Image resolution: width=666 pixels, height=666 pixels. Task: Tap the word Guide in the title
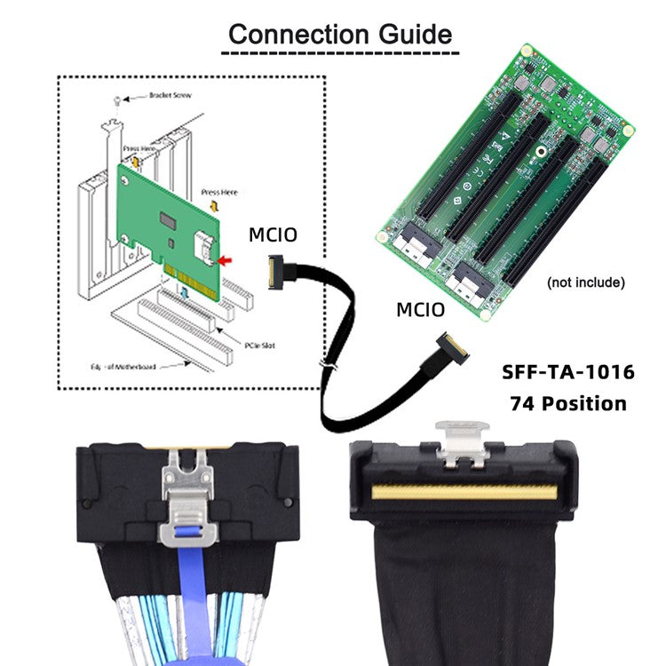click(x=415, y=35)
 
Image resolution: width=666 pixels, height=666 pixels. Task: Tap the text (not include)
click(x=586, y=282)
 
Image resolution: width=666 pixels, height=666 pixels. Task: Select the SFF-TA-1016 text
click(x=564, y=371)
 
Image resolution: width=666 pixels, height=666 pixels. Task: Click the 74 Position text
click(x=568, y=403)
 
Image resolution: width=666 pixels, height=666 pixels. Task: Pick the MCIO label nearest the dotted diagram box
click(x=273, y=235)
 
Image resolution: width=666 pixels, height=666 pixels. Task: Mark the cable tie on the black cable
click(x=327, y=366)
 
